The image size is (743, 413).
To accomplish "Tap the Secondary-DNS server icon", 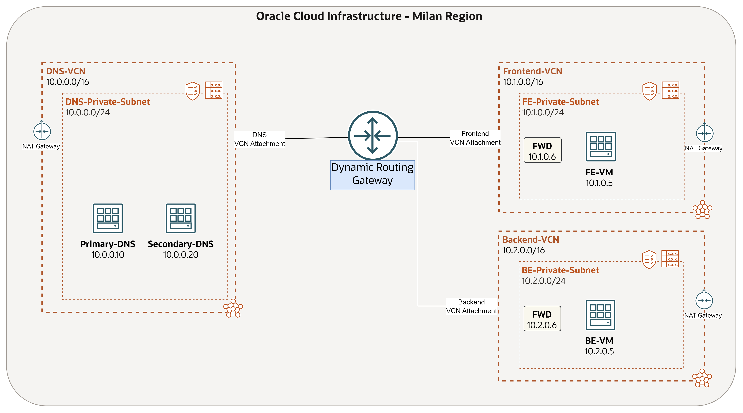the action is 181,218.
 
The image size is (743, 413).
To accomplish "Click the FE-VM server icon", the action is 601,147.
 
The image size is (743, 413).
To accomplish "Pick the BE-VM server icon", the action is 600,315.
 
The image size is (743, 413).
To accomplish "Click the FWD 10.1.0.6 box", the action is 542,150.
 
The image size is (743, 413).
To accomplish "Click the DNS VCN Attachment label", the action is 260,139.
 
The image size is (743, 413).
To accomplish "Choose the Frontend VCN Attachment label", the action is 475,138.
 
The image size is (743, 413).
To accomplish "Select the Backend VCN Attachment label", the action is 472,306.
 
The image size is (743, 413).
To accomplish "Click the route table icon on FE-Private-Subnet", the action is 670,90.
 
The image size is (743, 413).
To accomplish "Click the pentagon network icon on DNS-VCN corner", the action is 233,308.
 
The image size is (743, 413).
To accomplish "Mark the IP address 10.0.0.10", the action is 108,255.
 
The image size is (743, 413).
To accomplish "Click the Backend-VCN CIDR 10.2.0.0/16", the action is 523,250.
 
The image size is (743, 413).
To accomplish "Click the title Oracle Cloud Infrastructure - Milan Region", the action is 369,16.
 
